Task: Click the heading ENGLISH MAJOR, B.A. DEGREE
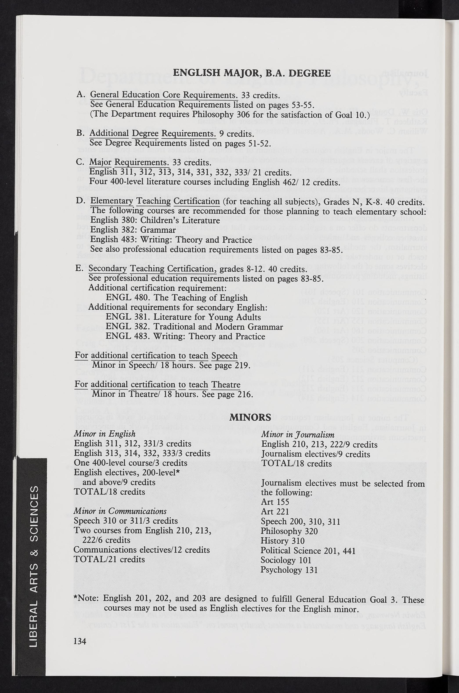[252, 73]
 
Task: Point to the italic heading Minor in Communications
[120, 511]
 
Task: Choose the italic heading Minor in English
[105, 434]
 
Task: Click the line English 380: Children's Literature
[155, 220]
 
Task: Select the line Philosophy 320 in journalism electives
[289, 531]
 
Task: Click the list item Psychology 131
[289, 570]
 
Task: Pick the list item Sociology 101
[286, 560]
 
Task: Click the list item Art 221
[275, 512]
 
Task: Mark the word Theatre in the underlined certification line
[226, 384]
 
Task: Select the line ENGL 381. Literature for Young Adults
[183, 317]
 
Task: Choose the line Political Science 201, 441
[308, 550]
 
